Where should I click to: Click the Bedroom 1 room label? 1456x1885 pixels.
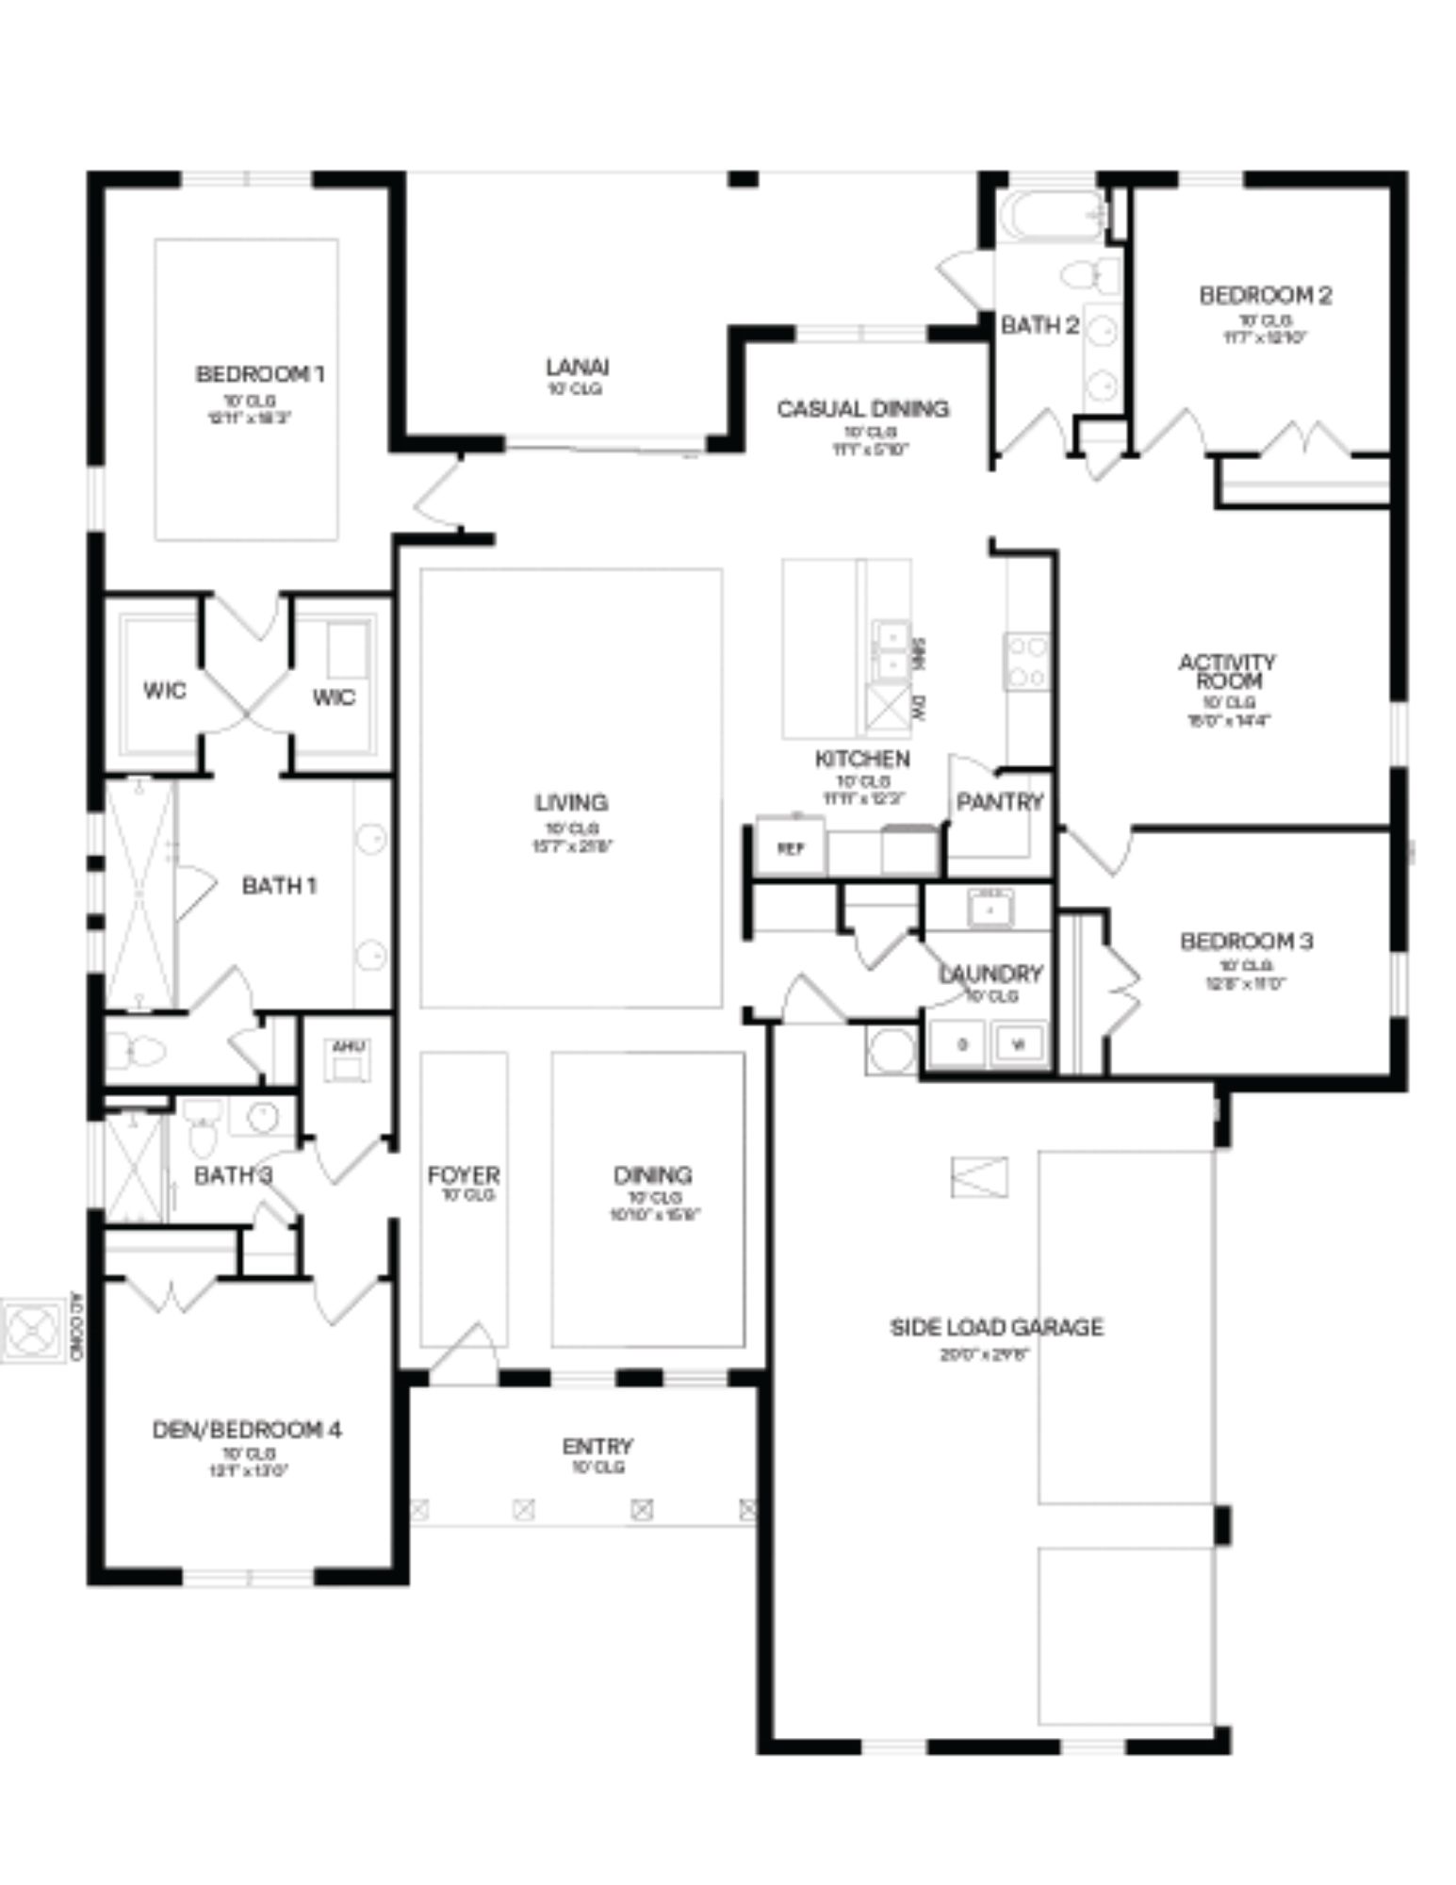(x=260, y=374)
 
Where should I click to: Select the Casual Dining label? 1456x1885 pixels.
(x=862, y=409)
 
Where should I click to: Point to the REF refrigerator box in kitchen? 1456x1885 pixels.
(x=790, y=847)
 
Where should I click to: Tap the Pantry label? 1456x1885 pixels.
(x=999, y=802)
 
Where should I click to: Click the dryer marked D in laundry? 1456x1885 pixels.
(x=961, y=1043)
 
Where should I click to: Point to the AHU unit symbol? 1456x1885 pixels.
(x=348, y=1061)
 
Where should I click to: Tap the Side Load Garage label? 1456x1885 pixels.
(x=996, y=1328)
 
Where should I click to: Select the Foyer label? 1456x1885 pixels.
(x=464, y=1175)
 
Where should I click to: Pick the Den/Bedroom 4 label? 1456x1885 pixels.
(x=247, y=1430)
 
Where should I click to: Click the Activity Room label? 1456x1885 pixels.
(x=1227, y=671)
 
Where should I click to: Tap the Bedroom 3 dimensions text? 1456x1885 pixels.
(x=1245, y=983)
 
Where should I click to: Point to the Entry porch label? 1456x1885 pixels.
(x=597, y=1446)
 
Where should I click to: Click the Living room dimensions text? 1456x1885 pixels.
(x=572, y=845)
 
